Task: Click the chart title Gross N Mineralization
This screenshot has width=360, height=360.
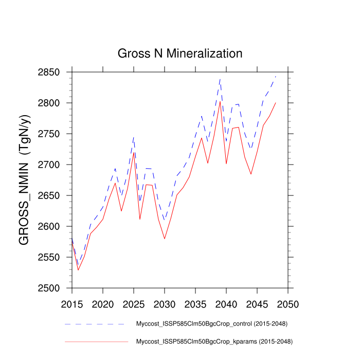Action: [179, 53]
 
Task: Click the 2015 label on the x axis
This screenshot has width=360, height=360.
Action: [72, 304]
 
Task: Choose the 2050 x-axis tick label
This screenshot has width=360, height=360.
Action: [288, 304]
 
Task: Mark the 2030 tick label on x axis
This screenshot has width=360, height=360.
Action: [165, 304]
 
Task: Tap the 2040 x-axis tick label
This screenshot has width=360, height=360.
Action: [226, 304]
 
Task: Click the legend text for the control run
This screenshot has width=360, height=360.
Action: [211, 324]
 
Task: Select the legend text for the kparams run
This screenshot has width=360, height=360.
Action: [211, 341]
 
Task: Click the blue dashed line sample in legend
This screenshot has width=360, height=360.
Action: [95, 325]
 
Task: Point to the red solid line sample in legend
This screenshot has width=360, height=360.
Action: [95, 341]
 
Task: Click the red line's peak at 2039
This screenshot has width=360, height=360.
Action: [220, 101]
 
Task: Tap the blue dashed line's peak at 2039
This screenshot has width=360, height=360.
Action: [220, 79]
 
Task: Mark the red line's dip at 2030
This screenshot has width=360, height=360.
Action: [165, 239]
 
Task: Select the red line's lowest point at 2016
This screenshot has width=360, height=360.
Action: [78, 270]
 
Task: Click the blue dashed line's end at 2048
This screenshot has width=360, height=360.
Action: [276, 77]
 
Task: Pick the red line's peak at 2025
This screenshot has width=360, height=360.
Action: [134, 152]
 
